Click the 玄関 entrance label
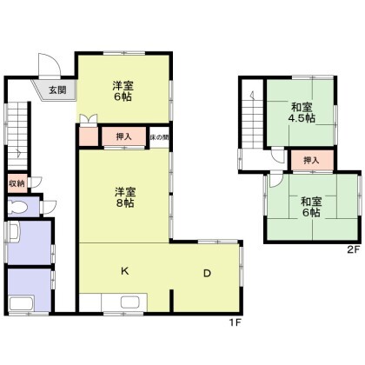[56, 89]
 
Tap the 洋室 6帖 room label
[121, 91]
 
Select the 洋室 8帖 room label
[121, 196]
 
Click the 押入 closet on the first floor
[123, 136]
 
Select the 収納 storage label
[17, 183]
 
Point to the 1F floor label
[234, 323]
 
